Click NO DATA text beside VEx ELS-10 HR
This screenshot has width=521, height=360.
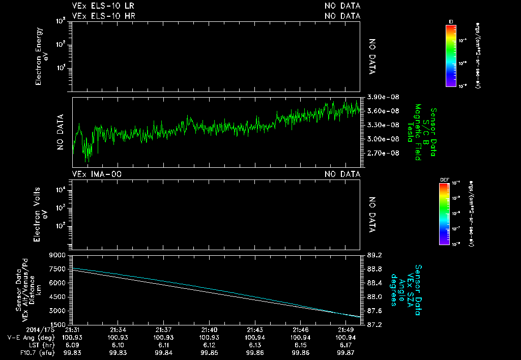342,16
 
